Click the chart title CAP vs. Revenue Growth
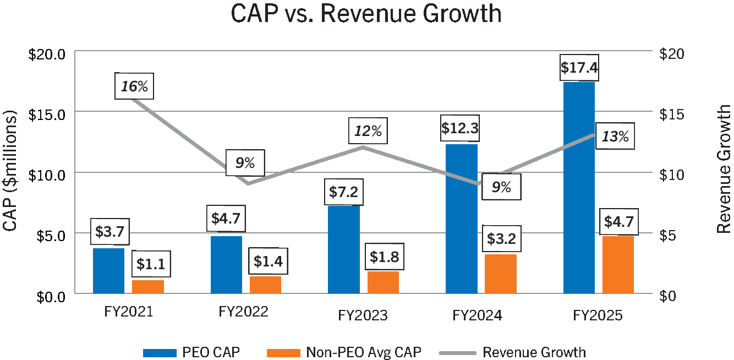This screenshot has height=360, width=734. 366,13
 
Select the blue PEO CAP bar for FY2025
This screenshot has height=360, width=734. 579,187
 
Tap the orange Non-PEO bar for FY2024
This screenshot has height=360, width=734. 500,274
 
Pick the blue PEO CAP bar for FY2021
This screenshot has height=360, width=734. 108,271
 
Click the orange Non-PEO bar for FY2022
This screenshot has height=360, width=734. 265,285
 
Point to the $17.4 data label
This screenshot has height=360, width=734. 579,68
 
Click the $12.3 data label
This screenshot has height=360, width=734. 460,129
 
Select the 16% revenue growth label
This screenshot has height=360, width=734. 135,86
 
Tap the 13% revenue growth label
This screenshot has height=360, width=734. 615,136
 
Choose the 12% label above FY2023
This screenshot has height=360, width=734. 368,131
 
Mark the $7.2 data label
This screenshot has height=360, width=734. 343,192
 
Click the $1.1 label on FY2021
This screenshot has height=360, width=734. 150,264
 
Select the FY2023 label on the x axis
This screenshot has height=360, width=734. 363,315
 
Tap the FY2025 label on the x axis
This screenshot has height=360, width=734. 597,315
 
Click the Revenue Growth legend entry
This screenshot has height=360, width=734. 534,352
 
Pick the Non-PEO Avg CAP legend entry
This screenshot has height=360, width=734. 364,352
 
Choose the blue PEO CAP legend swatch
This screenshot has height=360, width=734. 161,352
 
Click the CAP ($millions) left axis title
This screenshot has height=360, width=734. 10,171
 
